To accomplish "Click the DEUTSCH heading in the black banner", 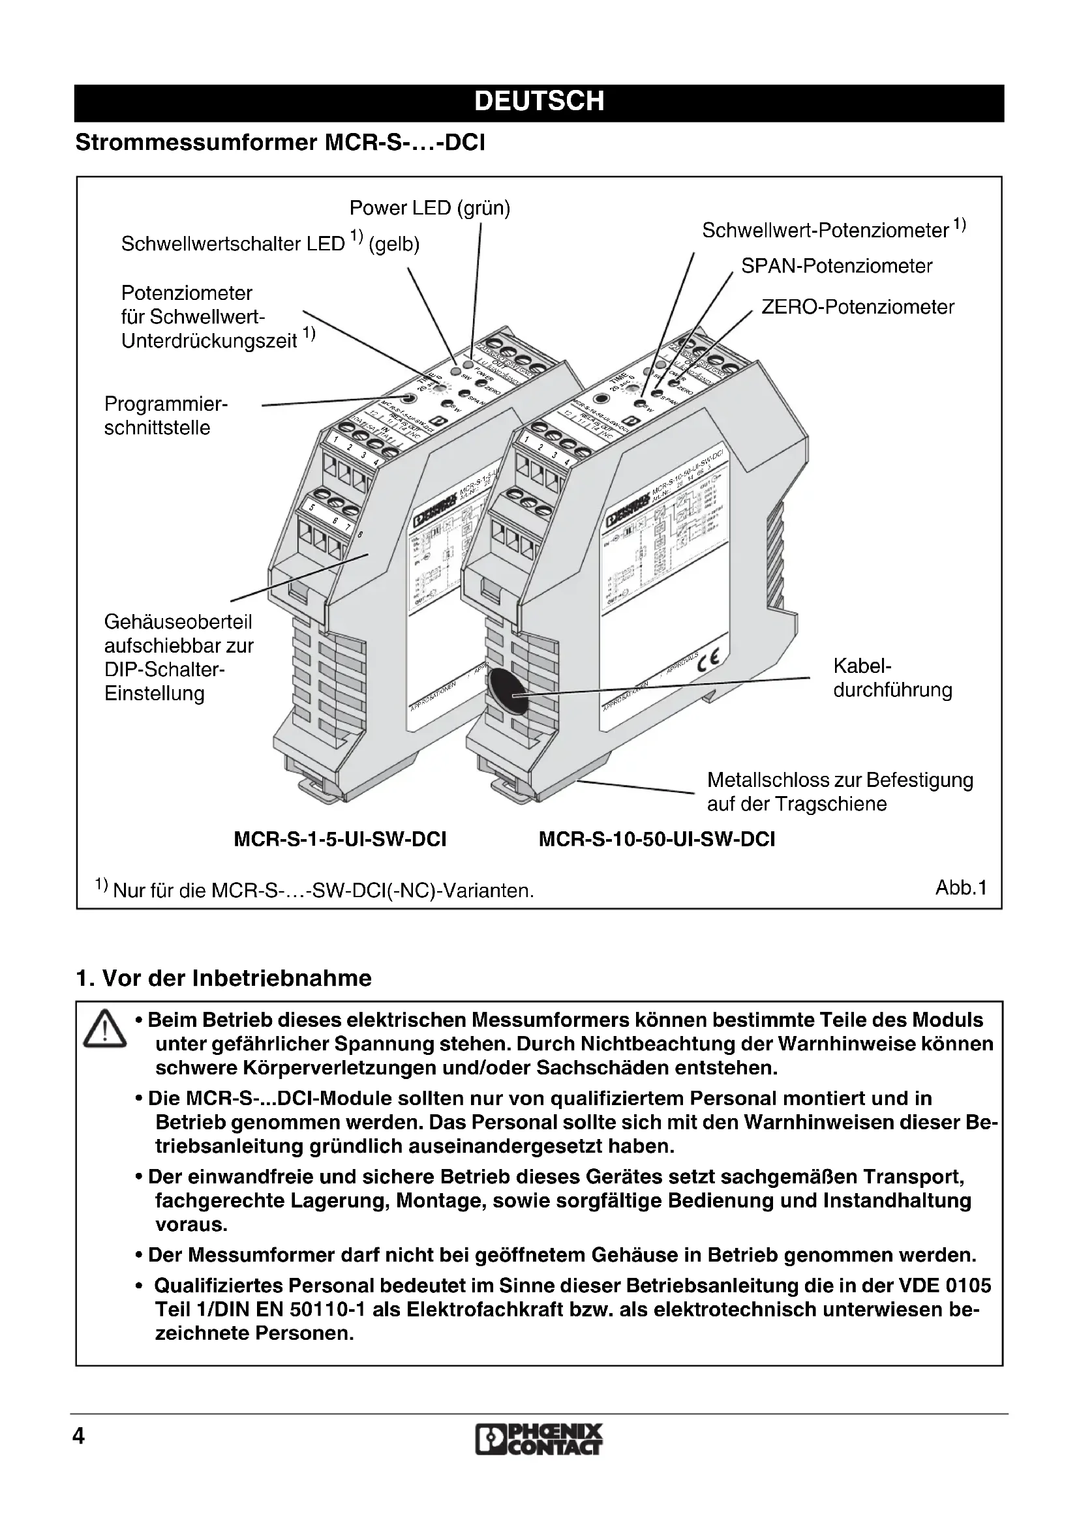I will point(539,102).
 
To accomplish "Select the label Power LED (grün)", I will point(430,209).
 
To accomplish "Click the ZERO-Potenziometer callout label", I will point(857,308).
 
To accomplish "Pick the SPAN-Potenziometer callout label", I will point(836,267).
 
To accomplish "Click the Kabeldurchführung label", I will point(892,678).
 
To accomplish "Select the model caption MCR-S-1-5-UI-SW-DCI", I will point(340,840).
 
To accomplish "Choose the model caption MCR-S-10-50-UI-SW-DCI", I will point(656,840).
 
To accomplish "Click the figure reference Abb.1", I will point(961,887).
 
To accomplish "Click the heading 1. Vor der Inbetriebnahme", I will point(224,979).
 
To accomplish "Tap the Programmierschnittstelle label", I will point(166,416).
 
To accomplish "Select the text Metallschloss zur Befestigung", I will point(840,780).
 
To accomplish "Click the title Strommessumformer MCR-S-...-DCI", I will point(281,143).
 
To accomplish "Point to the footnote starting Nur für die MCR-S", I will point(323,890).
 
